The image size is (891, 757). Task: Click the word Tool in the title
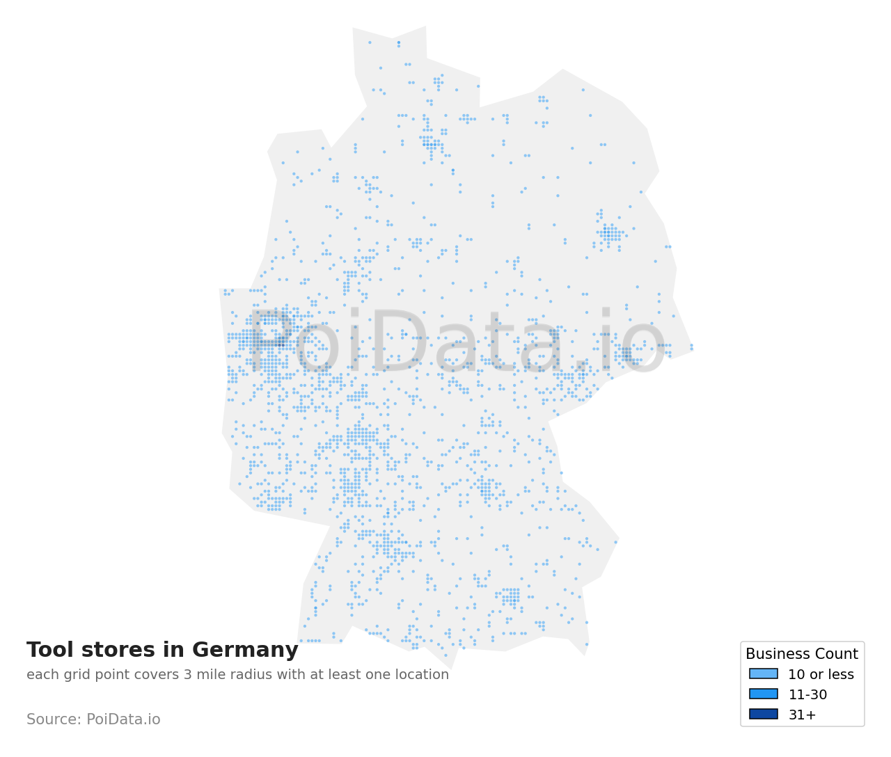[x=49, y=650]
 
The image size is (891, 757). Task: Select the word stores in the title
[x=118, y=650]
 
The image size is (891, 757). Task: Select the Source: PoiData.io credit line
[x=93, y=719]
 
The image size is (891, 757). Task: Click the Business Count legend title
[x=801, y=654]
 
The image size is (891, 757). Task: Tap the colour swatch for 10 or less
[x=763, y=674]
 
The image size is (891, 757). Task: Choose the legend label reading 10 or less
[x=821, y=674]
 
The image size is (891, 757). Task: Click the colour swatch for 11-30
[x=763, y=694]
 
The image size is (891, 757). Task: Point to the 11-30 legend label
[x=807, y=694]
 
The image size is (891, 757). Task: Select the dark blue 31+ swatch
[x=763, y=714]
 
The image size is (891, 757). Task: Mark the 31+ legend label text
[x=802, y=715]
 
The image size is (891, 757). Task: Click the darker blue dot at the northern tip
[x=398, y=42]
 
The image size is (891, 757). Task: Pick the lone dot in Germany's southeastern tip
[x=587, y=644]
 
